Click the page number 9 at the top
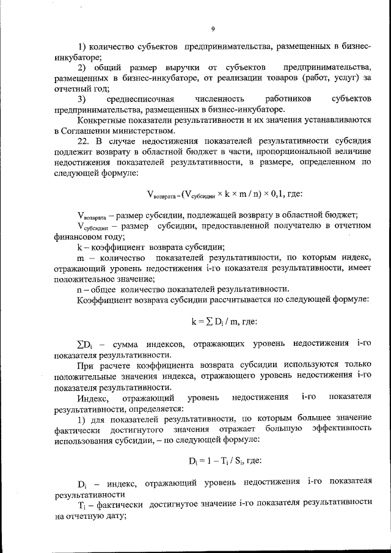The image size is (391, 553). click(x=213, y=29)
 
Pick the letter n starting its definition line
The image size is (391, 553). click(x=79, y=288)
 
